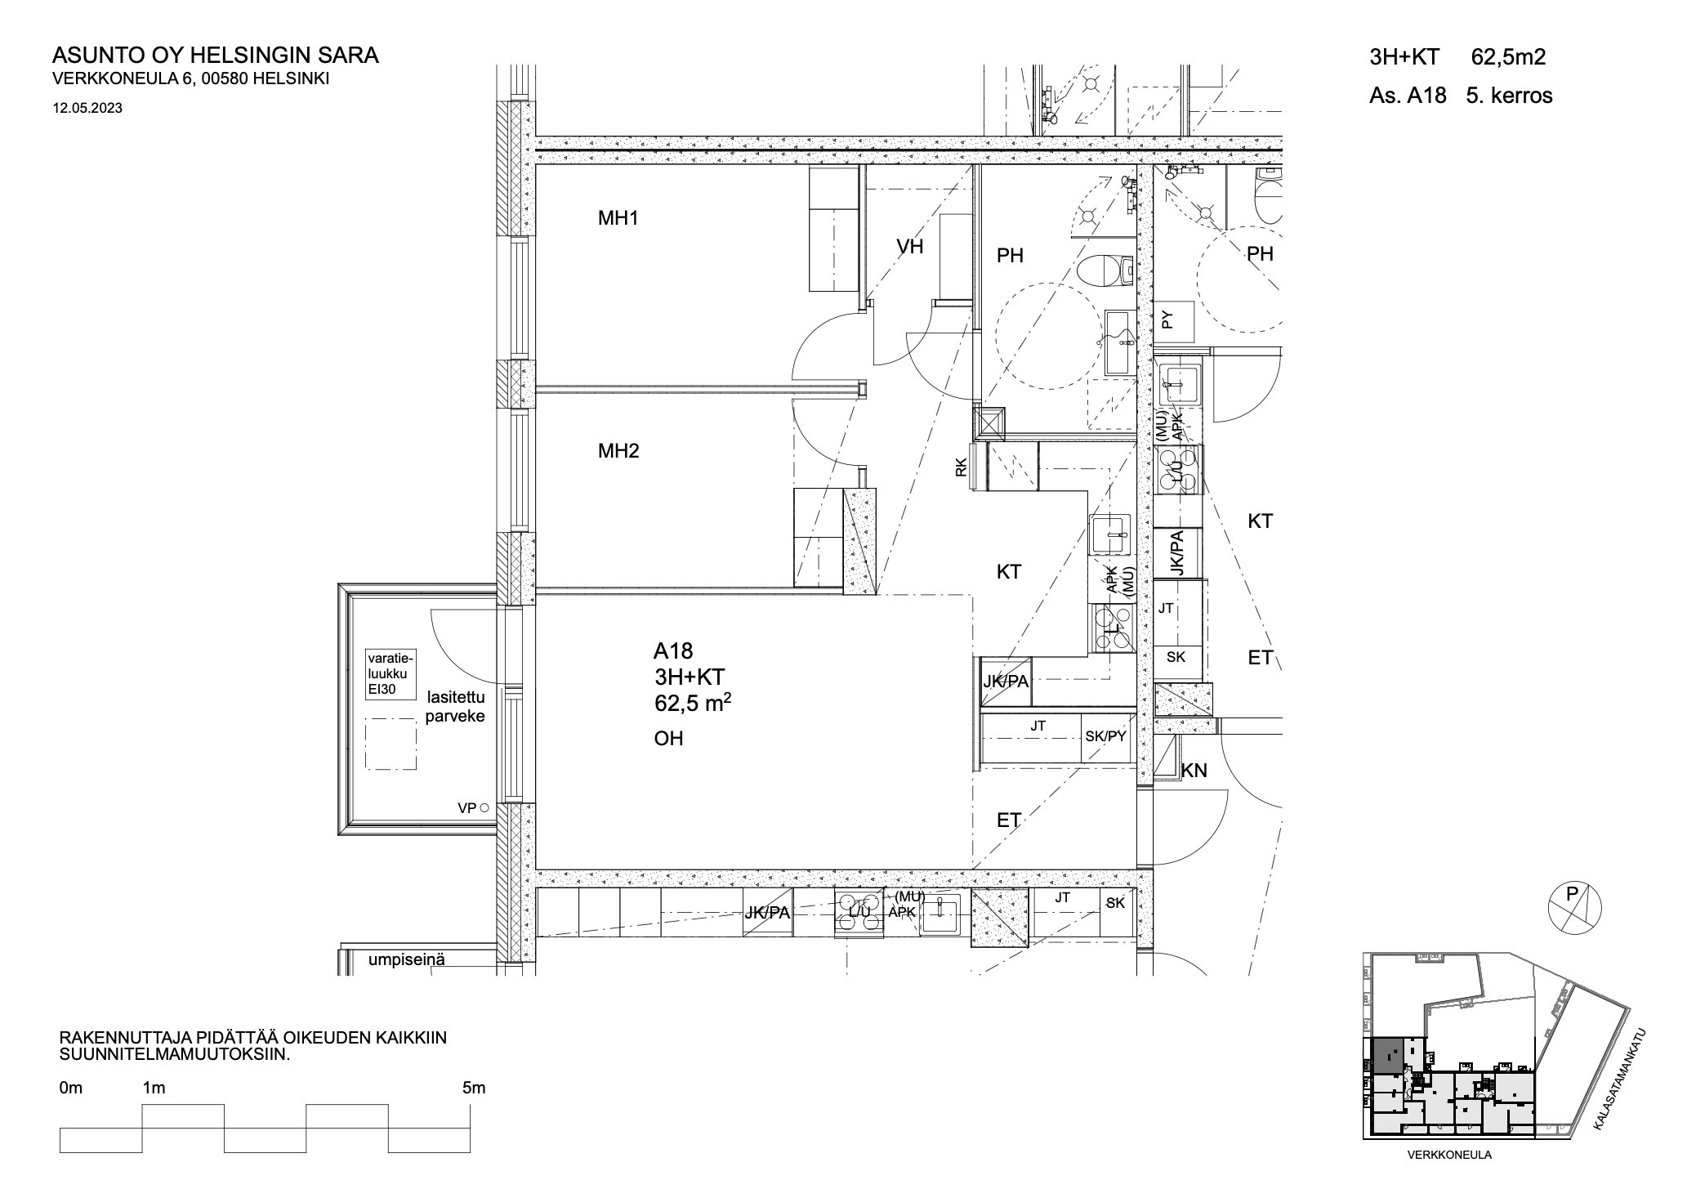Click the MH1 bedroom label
(618, 218)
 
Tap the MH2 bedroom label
(618, 450)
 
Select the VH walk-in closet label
(909, 246)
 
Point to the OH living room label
(668, 739)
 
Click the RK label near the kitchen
(961, 467)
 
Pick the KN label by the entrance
(1194, 770)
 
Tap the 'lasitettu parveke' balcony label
(456, 707)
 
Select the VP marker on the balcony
(473, 808)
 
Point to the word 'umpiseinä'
(407, 959)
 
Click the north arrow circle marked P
(1574, 908)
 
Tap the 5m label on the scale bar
(473, 1088)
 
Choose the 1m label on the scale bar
(154, 1088)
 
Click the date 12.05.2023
(87, 107)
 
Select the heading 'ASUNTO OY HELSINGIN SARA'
(216, 56)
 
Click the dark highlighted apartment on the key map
(1386, 1055)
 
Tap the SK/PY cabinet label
(1105, 736)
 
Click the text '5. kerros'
(1510, 96)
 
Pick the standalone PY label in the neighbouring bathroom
(1167, 320)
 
